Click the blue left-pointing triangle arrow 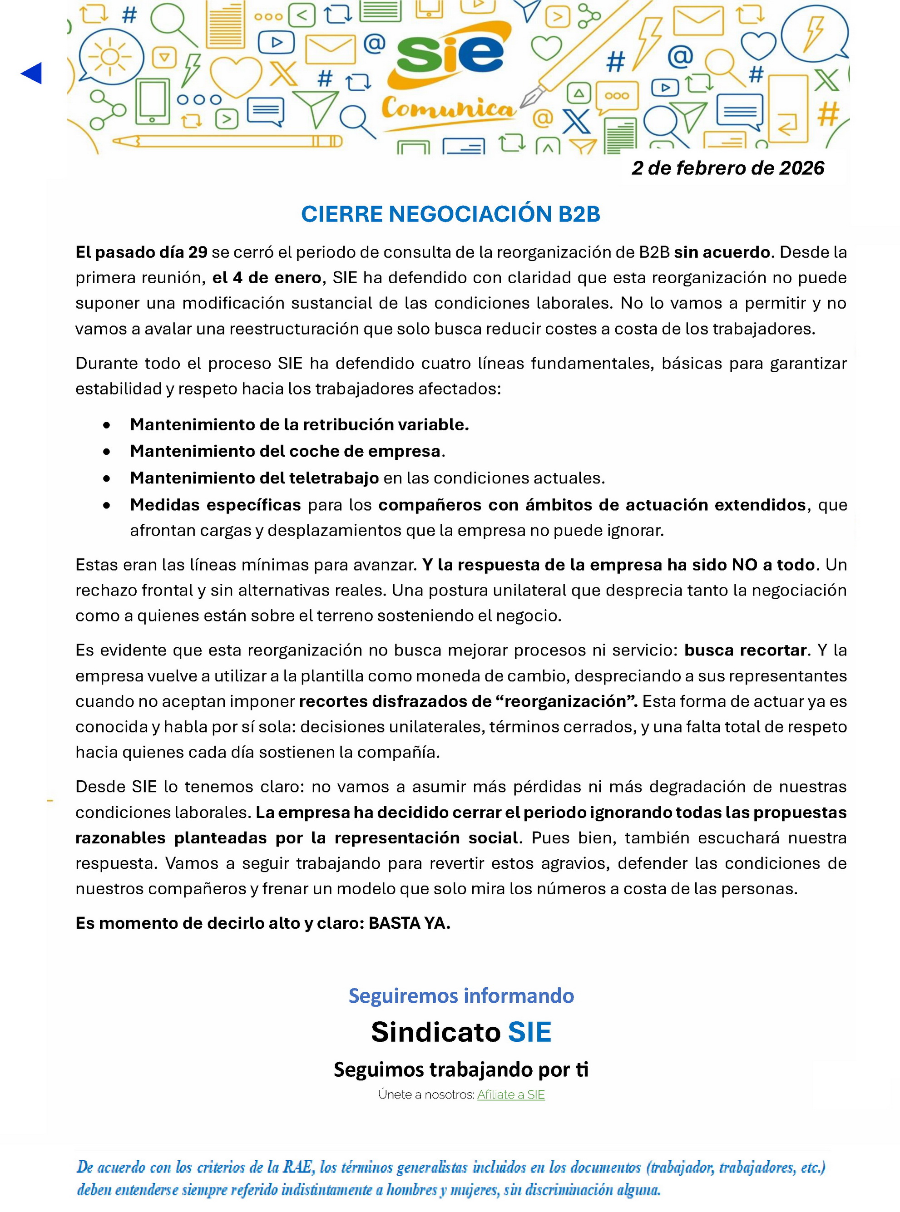point(32,74)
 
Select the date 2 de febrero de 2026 point(728,168)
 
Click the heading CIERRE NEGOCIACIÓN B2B point(450,214)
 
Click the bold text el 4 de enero point(267,278)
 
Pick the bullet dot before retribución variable point(107,425)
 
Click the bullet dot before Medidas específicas point(107,505)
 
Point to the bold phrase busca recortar point(745,650)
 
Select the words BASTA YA point(409,923)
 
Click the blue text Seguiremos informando point(461,995)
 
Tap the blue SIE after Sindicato point(529,1032)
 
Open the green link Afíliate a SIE point(510,1094)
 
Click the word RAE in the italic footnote point(297,1167)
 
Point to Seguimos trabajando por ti point(461,1069)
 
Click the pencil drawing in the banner point(229,142)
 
